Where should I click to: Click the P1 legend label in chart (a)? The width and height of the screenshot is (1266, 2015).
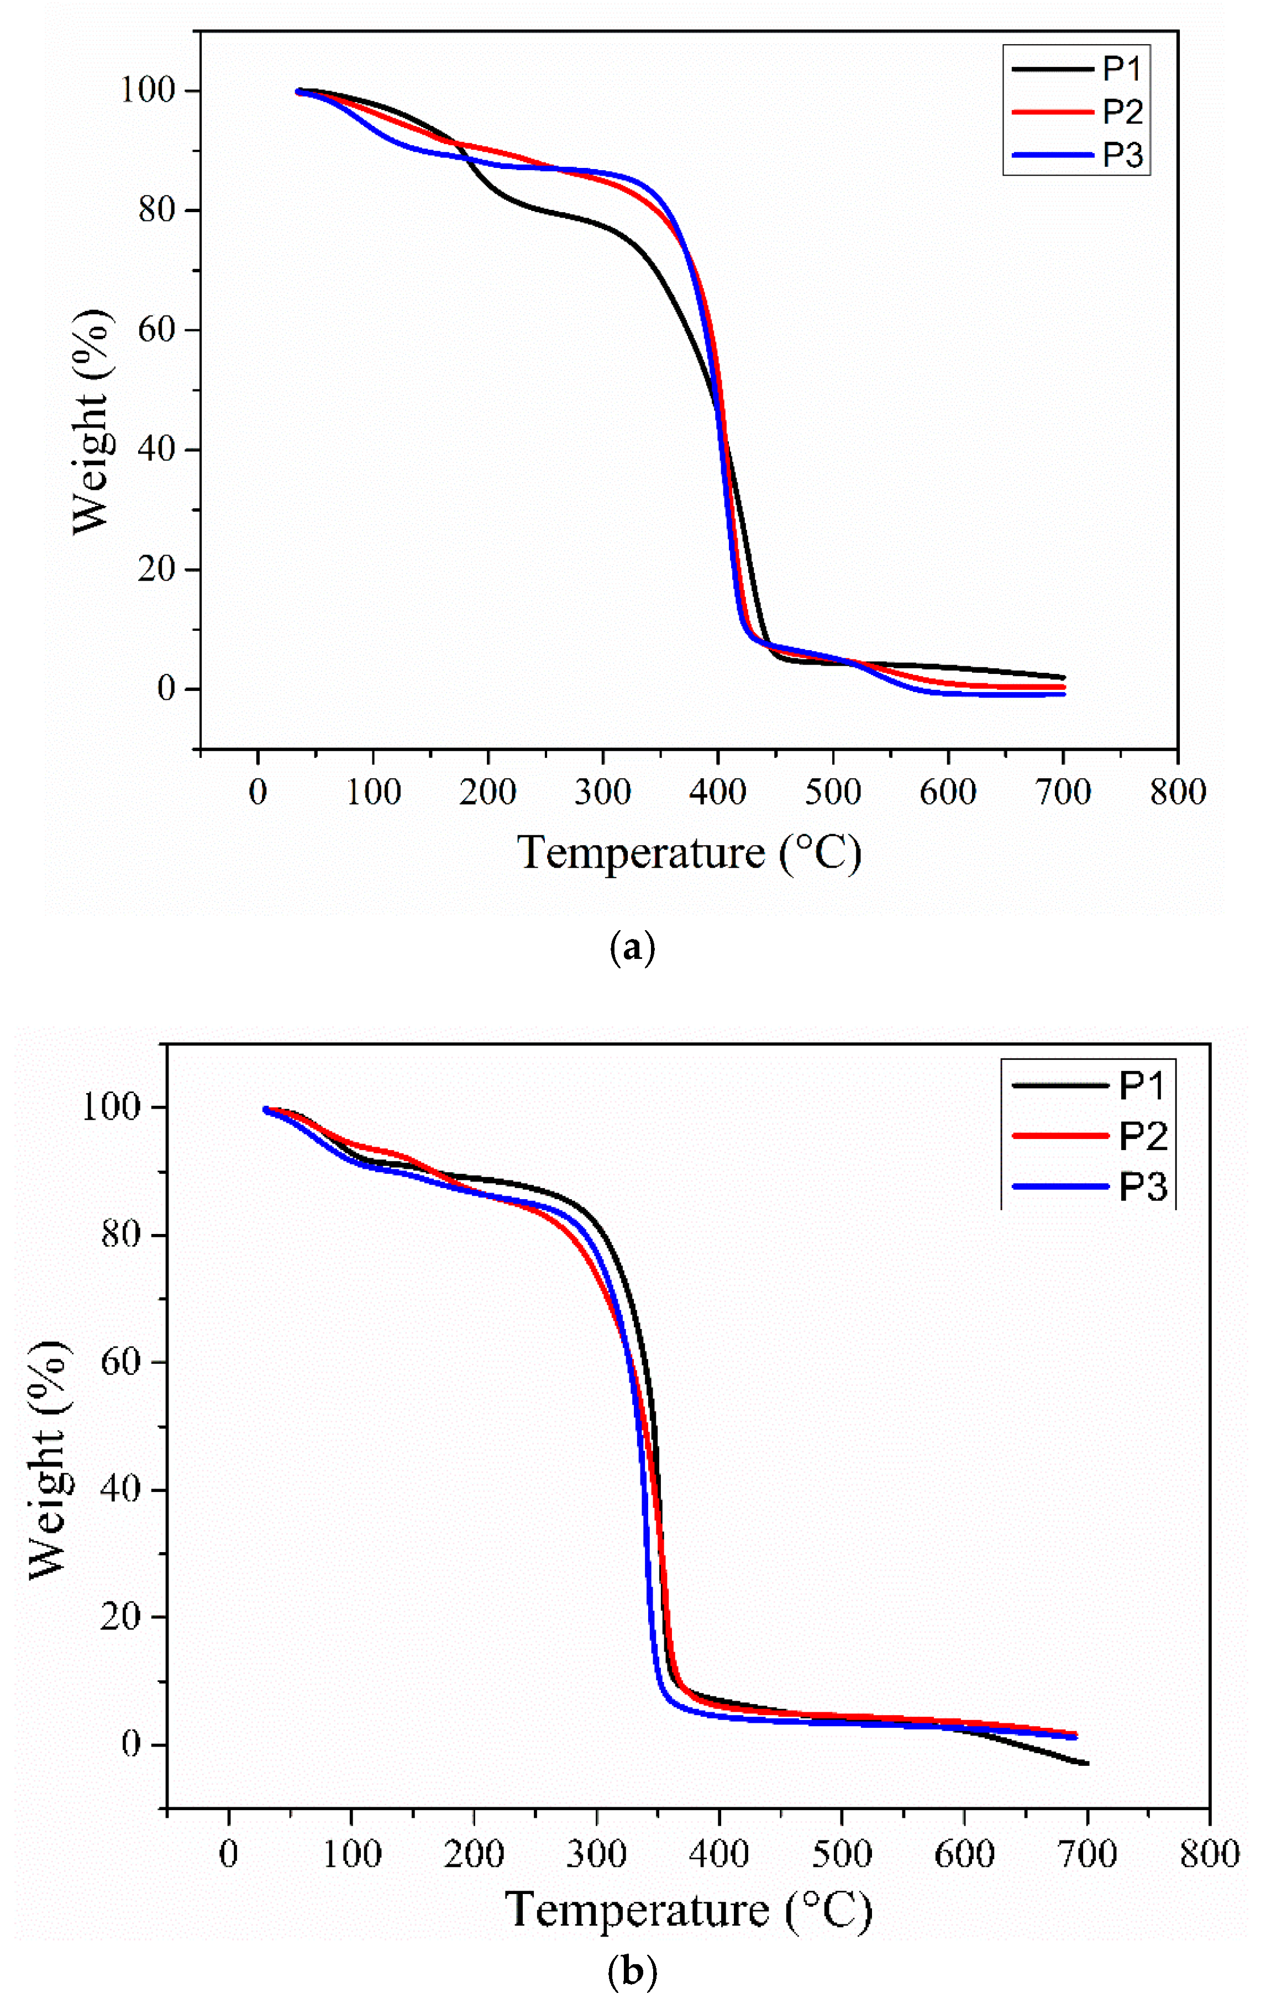[x=1122, y=68]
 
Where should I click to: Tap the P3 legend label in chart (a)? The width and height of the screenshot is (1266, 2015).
[x=1122, y=156]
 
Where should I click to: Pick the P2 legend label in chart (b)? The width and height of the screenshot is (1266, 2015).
[x=1142, y=1136]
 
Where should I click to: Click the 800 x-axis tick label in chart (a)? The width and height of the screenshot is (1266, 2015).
[x=1177, y=792]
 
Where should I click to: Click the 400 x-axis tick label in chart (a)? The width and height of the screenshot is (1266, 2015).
[x=718, y=792]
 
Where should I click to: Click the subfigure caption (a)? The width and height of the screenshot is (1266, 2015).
[x=633, y=948]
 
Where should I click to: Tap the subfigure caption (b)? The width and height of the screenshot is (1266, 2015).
[x=633, y=1972]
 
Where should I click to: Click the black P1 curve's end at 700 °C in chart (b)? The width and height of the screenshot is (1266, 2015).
[x=1086, y=1763]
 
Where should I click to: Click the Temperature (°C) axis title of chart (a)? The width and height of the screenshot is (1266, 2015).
[x=689, y=853]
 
